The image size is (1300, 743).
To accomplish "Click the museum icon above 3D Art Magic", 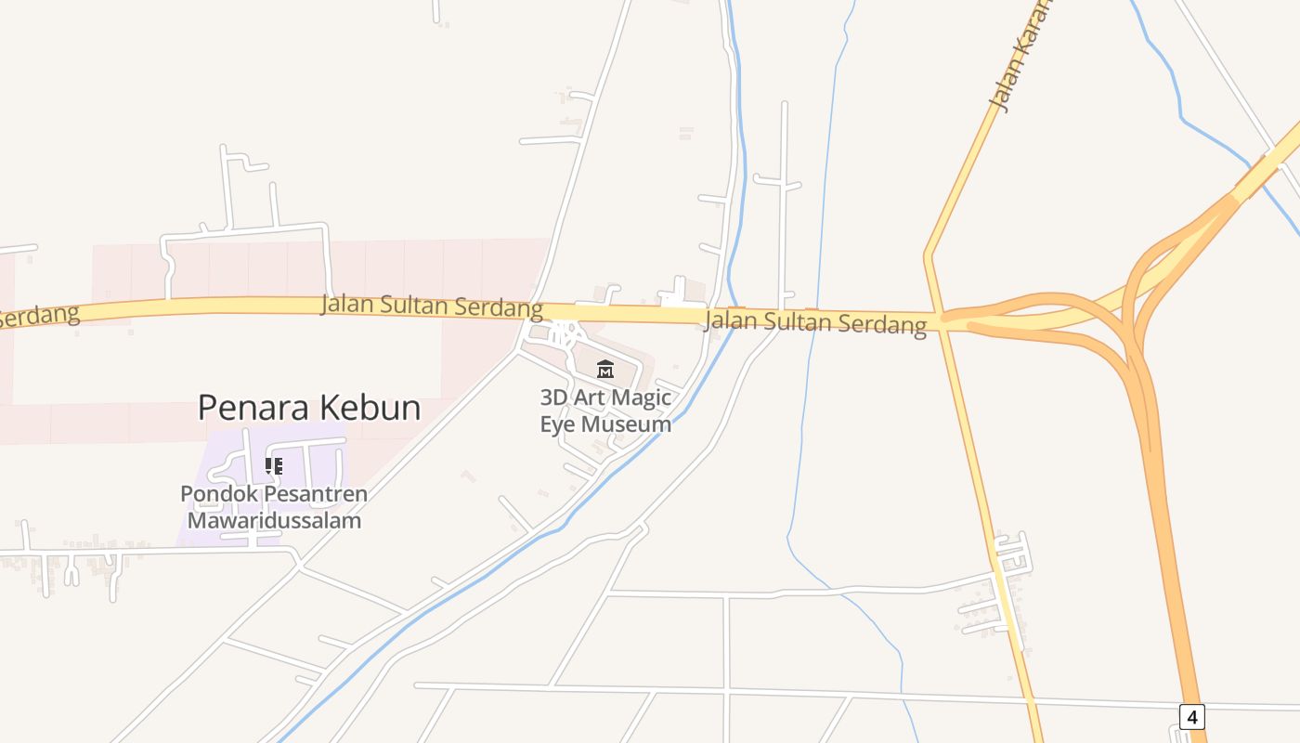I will [x=605, y=370].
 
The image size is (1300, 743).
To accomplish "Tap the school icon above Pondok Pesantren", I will [x=274, y=465].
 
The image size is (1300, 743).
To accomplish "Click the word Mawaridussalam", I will [x=274, y=520].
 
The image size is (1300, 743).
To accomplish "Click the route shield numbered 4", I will [x=1192, y=717].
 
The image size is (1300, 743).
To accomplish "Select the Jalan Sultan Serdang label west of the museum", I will [x=432, y=306].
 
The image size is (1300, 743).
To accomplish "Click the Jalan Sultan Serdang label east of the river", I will [x=815, y=322].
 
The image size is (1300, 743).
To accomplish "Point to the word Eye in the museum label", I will [x=558, y=424].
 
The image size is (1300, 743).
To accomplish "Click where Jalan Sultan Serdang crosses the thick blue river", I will [x=734, y=316].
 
